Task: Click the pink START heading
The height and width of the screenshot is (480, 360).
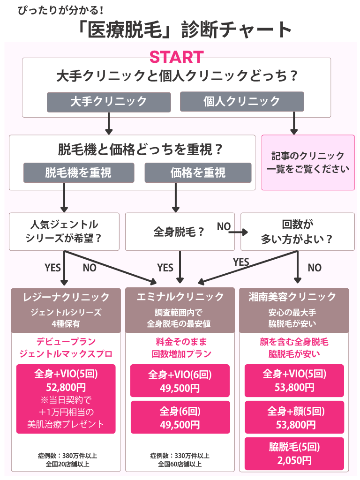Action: point(176,57)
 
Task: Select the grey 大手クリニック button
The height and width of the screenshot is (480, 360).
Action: point(108,101)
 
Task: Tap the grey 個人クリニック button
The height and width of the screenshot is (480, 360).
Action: point(242,101)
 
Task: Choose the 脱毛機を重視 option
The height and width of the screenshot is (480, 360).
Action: point(79,172)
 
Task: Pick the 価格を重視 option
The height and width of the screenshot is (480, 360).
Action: point(198,172)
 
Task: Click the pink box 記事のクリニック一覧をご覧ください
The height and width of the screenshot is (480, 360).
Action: point(307,162)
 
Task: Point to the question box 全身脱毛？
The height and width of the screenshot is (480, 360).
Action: point(180,232)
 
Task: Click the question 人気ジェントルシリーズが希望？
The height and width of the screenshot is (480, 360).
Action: point(64,232)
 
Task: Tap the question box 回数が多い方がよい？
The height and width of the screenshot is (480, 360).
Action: point(297,232)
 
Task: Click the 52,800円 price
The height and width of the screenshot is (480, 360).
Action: point(66,388)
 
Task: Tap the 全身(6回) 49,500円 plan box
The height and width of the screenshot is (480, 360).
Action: point(180,418)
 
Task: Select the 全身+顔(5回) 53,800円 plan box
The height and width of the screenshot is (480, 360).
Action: point(294,418)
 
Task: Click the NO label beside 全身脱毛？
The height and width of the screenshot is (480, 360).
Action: point(224,227)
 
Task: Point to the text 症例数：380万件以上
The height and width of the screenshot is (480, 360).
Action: point(67,456)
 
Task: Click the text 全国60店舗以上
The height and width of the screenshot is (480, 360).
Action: point(180,464)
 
